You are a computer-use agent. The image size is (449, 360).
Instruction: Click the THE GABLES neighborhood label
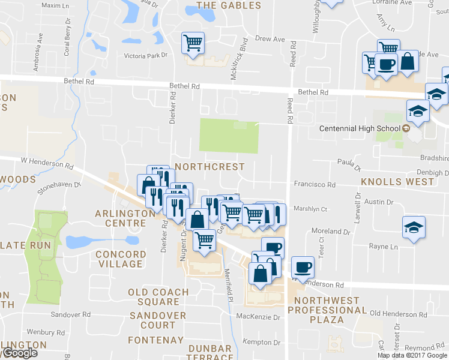click(x=229, y=5)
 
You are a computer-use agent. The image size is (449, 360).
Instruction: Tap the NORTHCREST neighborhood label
click(x=209, y=166)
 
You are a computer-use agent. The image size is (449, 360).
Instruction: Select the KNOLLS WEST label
click(x=397, y=181)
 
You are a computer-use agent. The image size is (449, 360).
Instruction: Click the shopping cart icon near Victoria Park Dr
click(x=193, y=43)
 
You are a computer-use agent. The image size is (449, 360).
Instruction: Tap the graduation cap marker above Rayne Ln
click(x=414, y=227)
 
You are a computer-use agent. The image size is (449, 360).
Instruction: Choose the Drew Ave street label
click(x=270, y=39)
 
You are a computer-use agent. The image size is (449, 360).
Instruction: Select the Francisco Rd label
click(x=314, y=184)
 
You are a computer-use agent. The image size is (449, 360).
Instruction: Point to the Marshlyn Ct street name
click(x=310, y=209)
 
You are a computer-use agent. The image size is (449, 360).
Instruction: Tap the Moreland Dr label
click(x=331, y=231)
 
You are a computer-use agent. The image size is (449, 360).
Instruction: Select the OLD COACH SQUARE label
click(x=158, y=297)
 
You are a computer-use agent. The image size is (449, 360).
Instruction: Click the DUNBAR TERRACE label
click(x=209, y=352)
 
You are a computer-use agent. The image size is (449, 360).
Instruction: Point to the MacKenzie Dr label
click(x=259, y=317)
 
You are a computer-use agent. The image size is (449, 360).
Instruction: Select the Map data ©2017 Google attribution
click(x=412, y=355)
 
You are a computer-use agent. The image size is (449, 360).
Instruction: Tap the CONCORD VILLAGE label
click(x=121, y=259)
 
